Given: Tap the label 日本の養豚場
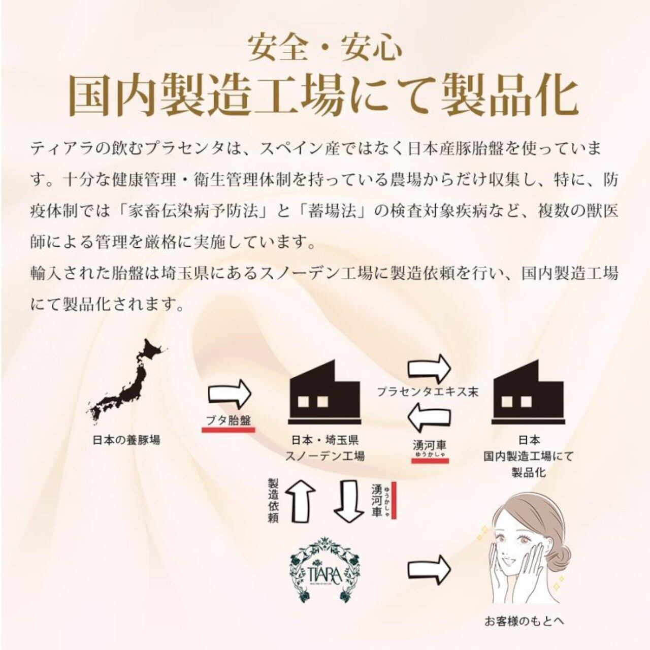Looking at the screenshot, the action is click(x=126, y=440).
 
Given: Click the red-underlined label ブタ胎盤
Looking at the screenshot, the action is click(x=229, y=420).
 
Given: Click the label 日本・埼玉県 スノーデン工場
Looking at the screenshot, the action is click(x=325, y=448).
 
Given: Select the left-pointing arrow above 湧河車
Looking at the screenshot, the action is click(x=430, y=419).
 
